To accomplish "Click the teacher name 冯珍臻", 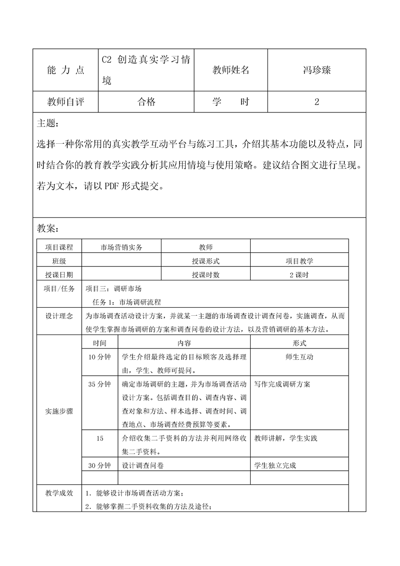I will (316, 70).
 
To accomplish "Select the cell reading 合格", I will (146, 102).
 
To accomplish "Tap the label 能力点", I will (66, 71).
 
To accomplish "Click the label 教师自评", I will (66, 102).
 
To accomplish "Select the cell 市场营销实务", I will (122, 247).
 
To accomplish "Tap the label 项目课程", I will (59, 247).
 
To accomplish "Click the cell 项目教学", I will (299, 261).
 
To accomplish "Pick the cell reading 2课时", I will (299, 275).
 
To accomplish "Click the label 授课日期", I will (59, 275).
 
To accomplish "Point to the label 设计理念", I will (59, 316).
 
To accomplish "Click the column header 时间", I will (99, 343).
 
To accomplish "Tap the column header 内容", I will (184, 343).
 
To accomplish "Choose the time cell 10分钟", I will (99, 357).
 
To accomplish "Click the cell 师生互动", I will (299, 357).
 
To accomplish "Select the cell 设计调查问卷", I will (143, 465).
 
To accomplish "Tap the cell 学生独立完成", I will (275, 465).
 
